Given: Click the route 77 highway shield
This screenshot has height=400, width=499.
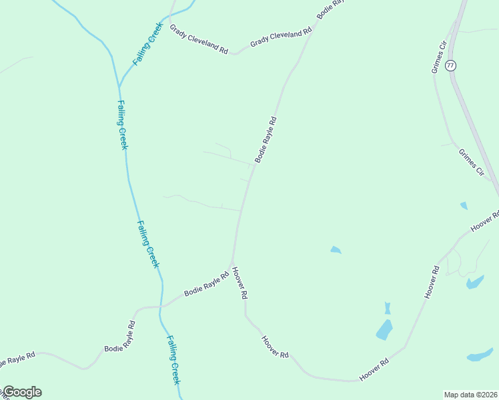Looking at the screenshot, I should (x=452, y=65).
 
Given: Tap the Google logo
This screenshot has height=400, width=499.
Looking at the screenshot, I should (x=22, y=392).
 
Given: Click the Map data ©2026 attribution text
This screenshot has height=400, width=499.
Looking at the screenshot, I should (x=470, y=395).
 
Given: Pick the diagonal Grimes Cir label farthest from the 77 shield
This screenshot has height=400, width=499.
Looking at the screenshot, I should (x=471, y=162).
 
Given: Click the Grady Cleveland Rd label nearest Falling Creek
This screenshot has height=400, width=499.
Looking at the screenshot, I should (x=199, y=40).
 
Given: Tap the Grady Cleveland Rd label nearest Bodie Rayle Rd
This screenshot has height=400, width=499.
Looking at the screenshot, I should (x=281, y=37).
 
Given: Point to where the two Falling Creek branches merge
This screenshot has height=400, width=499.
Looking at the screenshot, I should (x=119, y=85).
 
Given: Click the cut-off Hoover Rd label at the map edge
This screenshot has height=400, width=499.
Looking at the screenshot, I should (x=485, y=221).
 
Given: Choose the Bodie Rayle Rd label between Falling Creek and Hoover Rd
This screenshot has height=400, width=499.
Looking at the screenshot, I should (x=207, y=284).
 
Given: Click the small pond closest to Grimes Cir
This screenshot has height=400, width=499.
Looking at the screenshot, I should (x=464, y=205).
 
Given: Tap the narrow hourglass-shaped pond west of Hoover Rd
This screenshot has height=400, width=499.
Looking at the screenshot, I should (x=387, y=308).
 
